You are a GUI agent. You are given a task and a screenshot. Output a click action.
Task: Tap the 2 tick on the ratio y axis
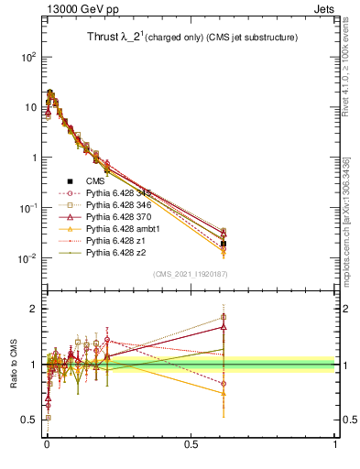tap(36, 309)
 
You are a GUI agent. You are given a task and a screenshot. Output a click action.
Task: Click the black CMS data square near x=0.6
tap(224, 244)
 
